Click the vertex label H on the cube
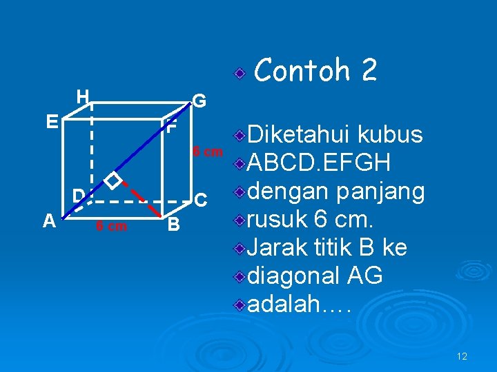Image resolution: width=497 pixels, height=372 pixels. [x=82, y=96]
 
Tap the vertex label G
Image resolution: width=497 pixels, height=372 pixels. [x=199, y=101]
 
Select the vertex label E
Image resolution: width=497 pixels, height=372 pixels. [x=51, y=123]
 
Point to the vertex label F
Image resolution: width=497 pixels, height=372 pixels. [x=171, y=128]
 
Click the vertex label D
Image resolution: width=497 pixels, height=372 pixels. [x=79, y=195]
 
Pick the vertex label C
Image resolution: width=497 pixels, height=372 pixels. [x=201, y=200]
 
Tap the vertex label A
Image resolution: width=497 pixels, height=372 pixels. [x=48, y=220]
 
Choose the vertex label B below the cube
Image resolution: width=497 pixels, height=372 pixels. [x=174, y=225]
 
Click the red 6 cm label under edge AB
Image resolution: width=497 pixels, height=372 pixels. [x=111, y=226]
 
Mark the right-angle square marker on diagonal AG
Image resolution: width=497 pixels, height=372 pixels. [x=113, y=180]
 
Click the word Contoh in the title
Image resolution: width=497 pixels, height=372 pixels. [x=301, y=70]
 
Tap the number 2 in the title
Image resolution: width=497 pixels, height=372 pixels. [x=369, y=70]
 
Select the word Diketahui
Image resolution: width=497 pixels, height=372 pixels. [x=300, y=134]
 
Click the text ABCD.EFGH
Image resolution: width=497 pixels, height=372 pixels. [x=319, y=164]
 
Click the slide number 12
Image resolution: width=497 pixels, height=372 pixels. [x=462, y=356]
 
